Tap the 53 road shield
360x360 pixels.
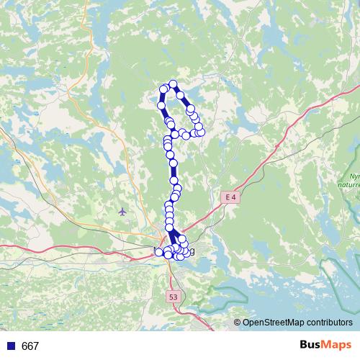point(173,296)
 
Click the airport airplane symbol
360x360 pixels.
point(122,212)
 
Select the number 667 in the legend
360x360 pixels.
point(30,346)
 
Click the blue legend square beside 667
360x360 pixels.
point(9,346)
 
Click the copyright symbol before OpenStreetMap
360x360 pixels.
point(237,323)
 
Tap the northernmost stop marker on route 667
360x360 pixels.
point(173,84)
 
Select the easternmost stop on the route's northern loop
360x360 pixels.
point(201,132)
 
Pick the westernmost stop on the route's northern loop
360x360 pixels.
point(162,106)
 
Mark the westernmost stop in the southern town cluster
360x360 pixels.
point(159,251)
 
